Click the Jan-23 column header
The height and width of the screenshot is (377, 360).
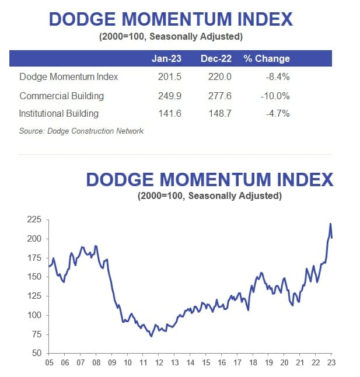coord(167,58)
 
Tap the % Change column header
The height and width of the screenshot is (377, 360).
coord(267,58)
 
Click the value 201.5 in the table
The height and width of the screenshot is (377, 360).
coord(170,76)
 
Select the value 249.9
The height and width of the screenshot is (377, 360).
coord(170,95)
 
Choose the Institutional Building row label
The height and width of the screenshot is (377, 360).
coord(59,113)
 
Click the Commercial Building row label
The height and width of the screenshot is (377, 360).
coord(61,95)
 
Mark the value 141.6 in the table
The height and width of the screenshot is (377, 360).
coord(170,113)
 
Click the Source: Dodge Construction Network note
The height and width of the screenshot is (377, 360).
coord(81,131)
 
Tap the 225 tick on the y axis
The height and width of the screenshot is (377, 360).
coord(35,220)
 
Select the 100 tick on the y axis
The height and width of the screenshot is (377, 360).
coord(35,315)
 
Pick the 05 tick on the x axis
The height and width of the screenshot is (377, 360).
coord(49,362)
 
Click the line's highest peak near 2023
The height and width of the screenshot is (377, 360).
coord(330,224)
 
